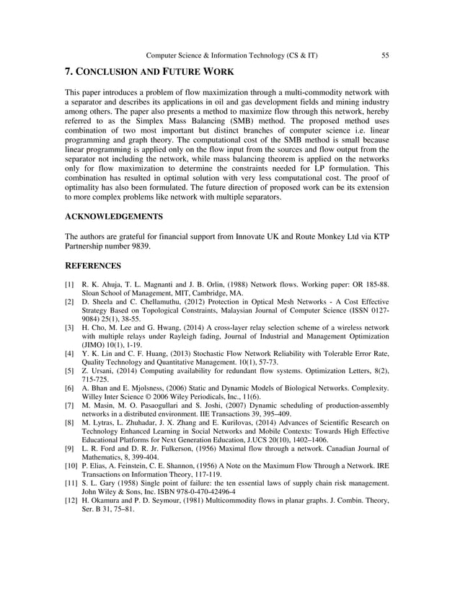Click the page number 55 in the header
point(386,55)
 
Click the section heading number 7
point(69,72)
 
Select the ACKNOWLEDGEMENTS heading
point(113,216)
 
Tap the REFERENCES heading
point(94,266)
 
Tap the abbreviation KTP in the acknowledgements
point(379,236)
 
